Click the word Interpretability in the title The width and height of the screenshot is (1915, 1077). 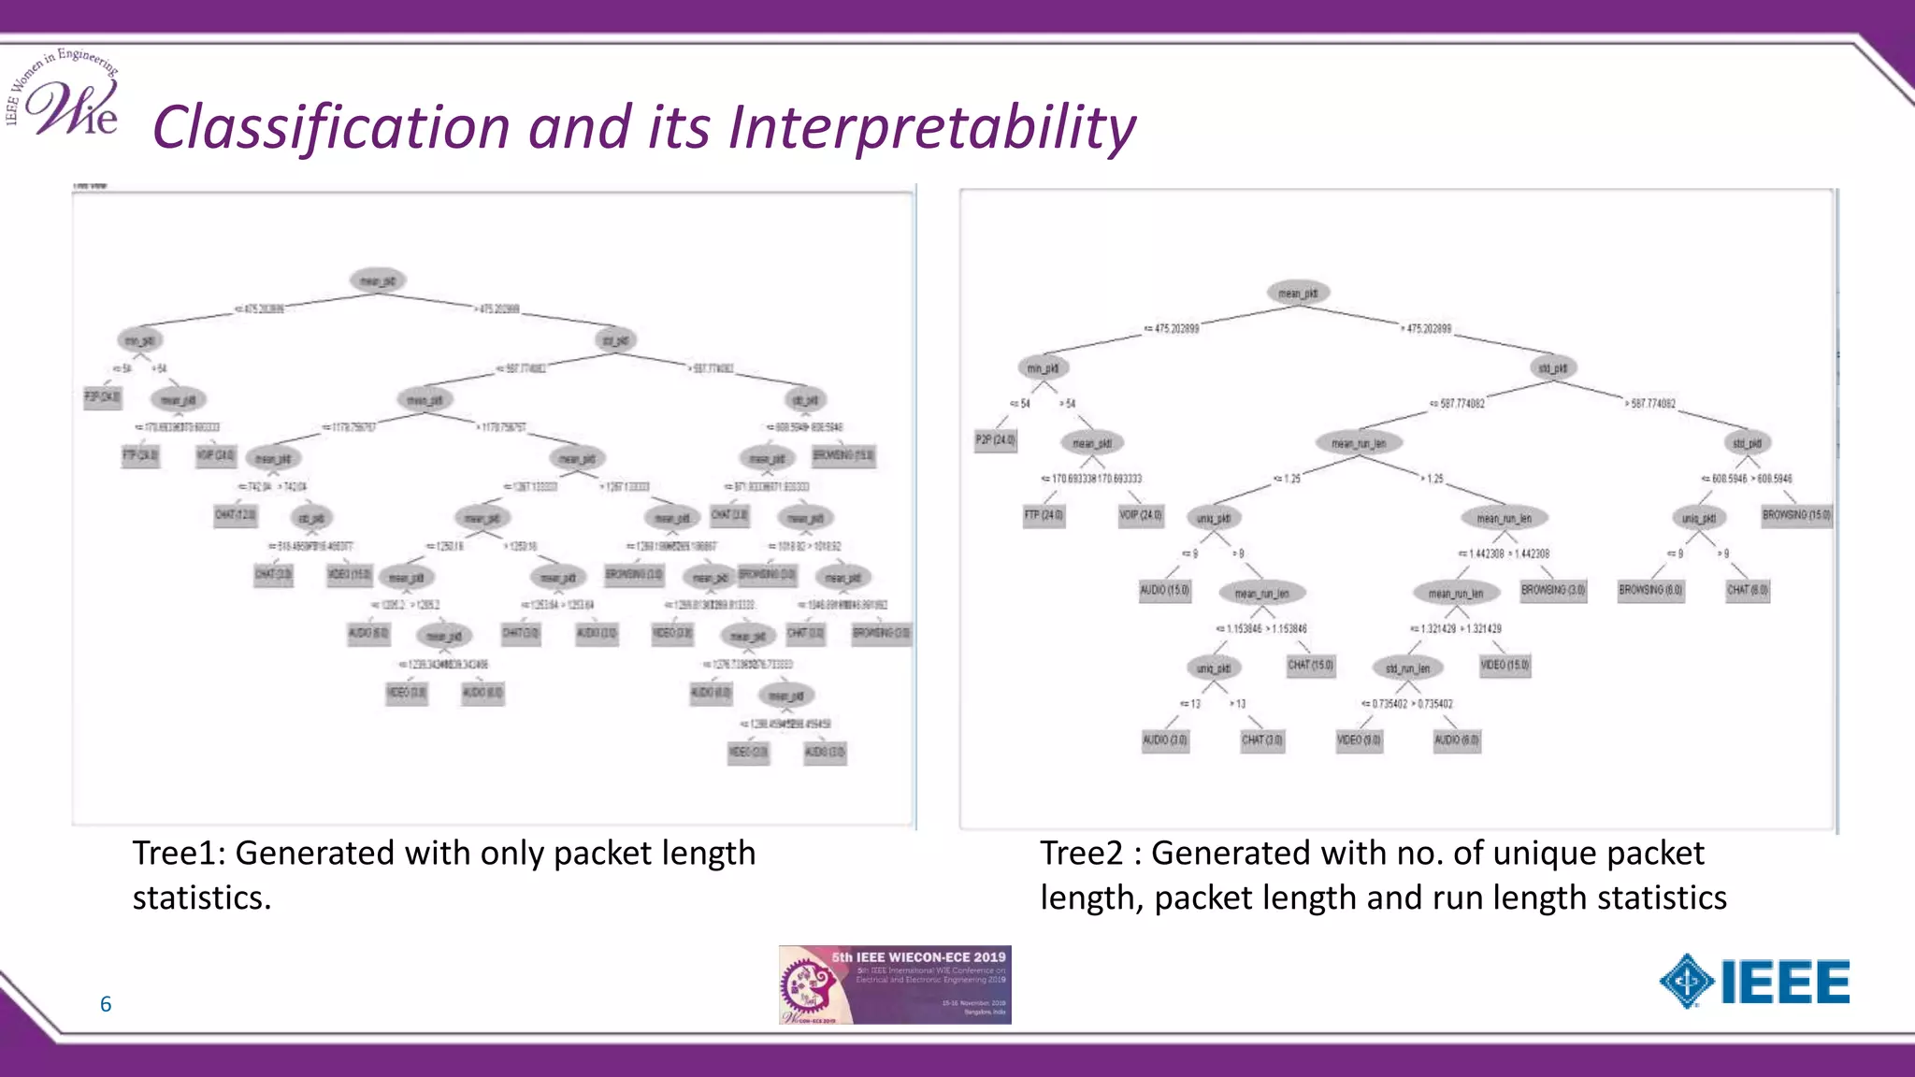click(x=931, y=128)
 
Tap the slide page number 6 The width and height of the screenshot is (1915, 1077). click(x=106, y=1004)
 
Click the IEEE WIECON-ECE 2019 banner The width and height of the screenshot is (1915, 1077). click(x=895, y=984)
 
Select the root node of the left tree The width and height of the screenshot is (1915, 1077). click(x=378, y=280)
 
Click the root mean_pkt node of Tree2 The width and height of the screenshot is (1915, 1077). click(x=1298, y=294)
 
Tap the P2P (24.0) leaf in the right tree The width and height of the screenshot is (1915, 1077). click(x=995, y=439)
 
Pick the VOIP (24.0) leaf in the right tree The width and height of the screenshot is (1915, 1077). click(x=1141, y=515)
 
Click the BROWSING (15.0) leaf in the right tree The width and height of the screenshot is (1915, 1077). click(x=1796, y=515)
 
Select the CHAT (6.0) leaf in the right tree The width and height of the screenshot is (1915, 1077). click(x=1747, y=591)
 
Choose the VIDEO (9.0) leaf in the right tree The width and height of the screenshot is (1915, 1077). click(x=1359, y=740)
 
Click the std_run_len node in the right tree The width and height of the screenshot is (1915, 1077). click(x=1407, y=668)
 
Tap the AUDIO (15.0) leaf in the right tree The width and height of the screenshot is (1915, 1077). click(x=1164, y=591)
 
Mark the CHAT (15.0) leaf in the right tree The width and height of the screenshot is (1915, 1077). click(x=1310, y=666)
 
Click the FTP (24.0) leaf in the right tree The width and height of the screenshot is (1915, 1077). click(x=1044, y=515)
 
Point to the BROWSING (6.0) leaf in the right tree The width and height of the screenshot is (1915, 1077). click(x=1650, y=591)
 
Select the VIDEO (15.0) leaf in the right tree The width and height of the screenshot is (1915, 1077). click(x=1505, y=666)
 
